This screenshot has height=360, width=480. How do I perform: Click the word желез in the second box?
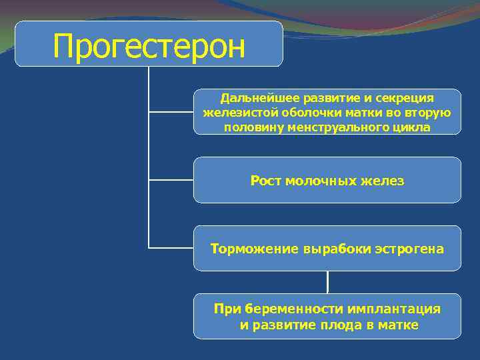coord(383,181)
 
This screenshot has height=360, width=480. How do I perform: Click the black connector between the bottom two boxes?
coord(327,282)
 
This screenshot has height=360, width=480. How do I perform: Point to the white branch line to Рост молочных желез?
coord(171,180)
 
